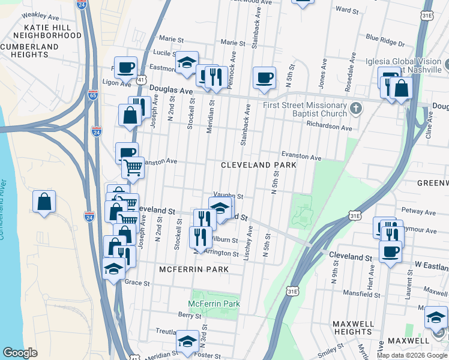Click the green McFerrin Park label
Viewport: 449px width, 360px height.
(x=214, y=304)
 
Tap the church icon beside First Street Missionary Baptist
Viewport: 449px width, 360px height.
(x=356, y=109)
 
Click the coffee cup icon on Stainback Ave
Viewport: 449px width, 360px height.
(x=264, y=77)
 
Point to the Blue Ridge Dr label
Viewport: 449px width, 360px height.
(x=385, y=41)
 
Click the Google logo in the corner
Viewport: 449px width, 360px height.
(x=20, y=353)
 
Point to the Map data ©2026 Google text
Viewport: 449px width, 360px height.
(x=412, y=355)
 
